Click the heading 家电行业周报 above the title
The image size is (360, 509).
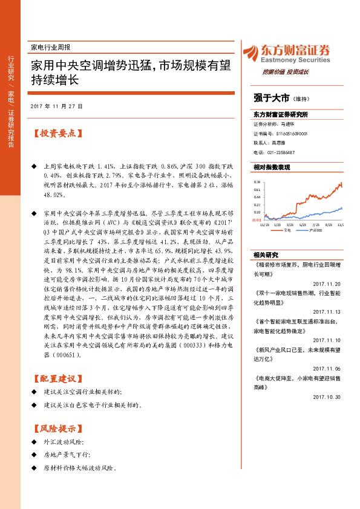tap(50, 47)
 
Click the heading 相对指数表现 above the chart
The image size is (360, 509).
tap(272, 167)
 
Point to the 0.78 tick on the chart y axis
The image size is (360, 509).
tap(257, 181)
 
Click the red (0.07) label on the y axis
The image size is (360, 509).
tap(257, 220)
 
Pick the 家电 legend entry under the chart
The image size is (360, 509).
tap(287, 230)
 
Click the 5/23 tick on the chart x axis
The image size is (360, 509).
tap(302, 224)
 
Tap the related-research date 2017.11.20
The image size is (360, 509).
tap(327, 284)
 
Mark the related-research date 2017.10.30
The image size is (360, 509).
tap(327, 397)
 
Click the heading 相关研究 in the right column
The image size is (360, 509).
tap(265, 254)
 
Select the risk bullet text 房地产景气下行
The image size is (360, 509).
tap(67, 455)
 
